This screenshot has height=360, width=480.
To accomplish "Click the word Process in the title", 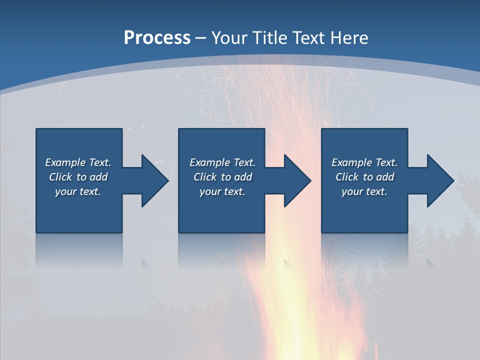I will [157, 37].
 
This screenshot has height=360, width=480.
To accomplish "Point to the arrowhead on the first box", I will [154, 180].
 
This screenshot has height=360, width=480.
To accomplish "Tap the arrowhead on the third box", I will [440, 180].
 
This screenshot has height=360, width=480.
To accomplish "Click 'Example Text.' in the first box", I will [78, 162].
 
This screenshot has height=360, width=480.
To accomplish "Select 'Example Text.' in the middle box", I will [222, 162].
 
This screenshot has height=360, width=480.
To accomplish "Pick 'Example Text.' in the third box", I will [364, 162].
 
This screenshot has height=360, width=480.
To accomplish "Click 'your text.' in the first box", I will [78, 191].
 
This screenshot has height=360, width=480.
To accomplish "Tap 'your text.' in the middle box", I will [222, 191].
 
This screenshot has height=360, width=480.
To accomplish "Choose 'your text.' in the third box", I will [364, 191].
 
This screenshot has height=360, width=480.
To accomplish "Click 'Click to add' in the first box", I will [78, 177].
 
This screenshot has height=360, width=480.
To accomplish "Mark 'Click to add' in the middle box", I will [222, 177].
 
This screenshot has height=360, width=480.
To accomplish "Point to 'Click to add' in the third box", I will [364, 177].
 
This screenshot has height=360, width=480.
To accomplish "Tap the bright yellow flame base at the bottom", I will [295, 340].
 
